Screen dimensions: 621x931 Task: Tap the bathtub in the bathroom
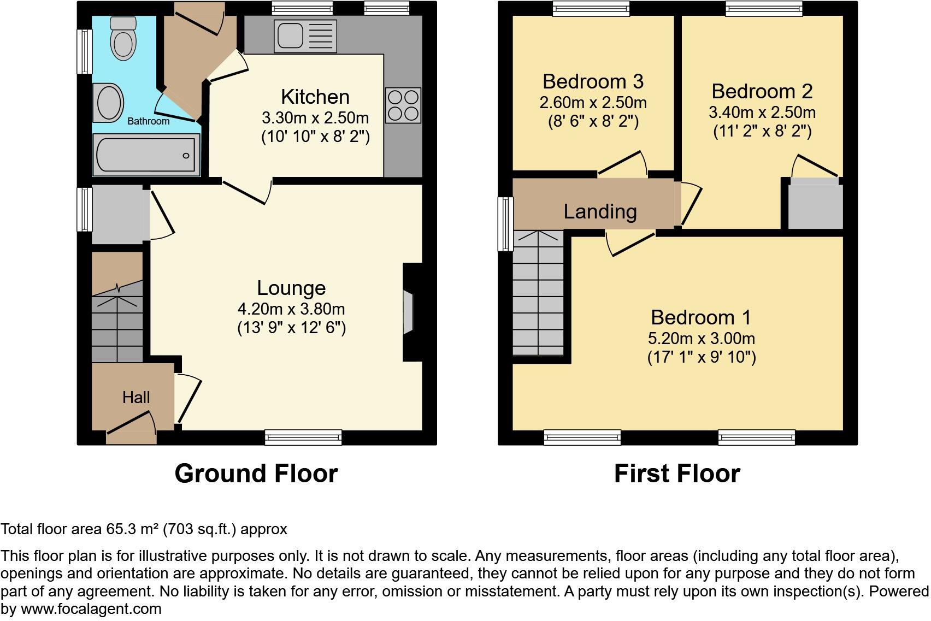click(146, 155)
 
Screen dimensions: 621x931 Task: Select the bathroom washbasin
click(108, 103)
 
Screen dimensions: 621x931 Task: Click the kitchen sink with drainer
click(306, 36)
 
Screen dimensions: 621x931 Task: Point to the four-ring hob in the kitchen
click(403, 105)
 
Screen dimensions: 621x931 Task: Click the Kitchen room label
click(315, 97)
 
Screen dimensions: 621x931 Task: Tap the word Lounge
click(291, 288)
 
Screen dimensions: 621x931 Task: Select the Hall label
click(136, 397)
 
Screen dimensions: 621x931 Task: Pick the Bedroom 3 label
click(593, 81)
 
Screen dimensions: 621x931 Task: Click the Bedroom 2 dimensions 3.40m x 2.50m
click(762, 113)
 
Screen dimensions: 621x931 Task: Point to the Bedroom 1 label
click(701, 317)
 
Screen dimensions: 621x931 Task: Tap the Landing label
click(600, 211)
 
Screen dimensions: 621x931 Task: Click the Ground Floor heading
click(256, 474)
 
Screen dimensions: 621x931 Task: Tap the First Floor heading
click(677, 474)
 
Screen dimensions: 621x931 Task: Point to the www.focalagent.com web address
click(91, 608)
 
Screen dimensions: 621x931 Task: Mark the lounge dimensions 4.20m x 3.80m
click(291, 309)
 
